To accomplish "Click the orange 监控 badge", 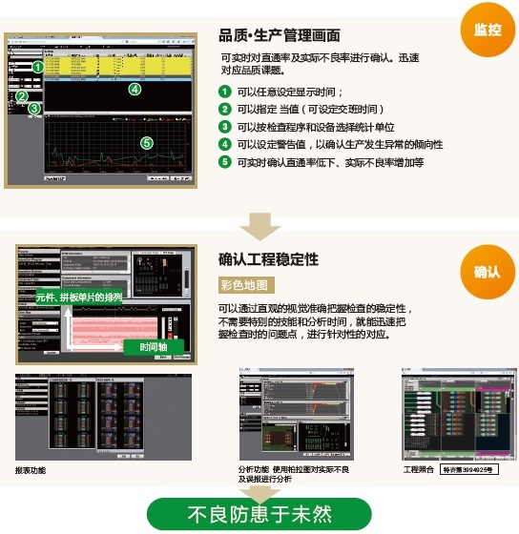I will [487, 30].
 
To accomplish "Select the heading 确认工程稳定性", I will [269, 259].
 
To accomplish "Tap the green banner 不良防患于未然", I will [259, 514].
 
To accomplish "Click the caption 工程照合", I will [419, 470].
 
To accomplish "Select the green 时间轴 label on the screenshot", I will [156, 347].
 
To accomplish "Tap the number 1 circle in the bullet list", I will [225, 92].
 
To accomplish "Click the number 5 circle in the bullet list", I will [225, 162].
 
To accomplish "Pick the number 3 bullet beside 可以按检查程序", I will [225, 127].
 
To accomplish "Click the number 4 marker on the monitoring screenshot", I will [135, 90].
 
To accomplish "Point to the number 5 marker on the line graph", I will [146, 142].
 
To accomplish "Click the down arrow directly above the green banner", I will [259, 485].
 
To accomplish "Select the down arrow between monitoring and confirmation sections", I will [259, 226].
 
